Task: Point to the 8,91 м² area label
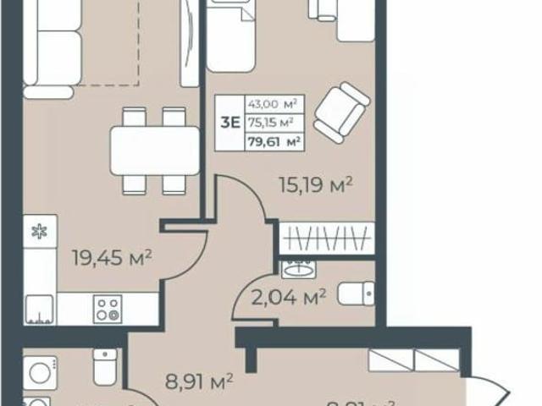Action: pyautogui.click(x=196, y=382)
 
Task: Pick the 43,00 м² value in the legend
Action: pyautogui.click(x=270, y=104)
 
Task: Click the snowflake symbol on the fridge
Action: pyautogui.click(x=38, y=231)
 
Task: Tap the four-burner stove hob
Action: pyautogui.click(x=107, y=308)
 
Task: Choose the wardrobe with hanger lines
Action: pyautogui.click(x=327, y=238)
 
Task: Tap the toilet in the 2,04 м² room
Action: pyautogui.click(x=354, y=294)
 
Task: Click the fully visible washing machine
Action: pyautogui.click(x=38, y=372)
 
